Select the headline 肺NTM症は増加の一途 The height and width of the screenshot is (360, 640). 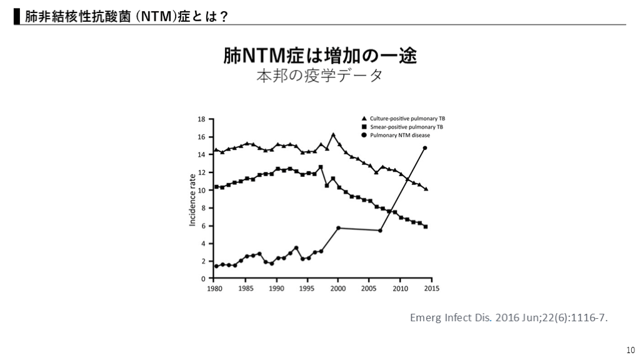(x=320, y=56)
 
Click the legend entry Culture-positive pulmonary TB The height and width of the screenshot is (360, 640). (x=407, y=118)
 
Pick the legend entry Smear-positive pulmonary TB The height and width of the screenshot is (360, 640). (x=406, y=126)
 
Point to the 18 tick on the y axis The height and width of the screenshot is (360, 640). (x=201, y=119)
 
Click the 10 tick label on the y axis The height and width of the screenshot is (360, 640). (x=201, y=190)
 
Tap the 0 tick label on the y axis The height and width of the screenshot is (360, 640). (x=203, y=279)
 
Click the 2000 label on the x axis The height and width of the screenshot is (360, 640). (x=338, y=289)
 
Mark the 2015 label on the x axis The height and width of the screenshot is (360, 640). (x=431, y=289)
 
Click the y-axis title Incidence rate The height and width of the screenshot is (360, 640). (x=192, y=199)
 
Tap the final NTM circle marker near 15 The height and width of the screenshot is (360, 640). (x=425, y=148)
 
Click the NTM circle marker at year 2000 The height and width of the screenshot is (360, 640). (x=338, y=228)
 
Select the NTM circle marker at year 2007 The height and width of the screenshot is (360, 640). (x=381, y=231)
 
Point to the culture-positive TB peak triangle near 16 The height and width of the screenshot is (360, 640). (x=333, y=134)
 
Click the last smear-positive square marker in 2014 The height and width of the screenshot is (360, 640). (x=426, y=226)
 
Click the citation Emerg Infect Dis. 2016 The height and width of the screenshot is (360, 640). (x=508, y=317)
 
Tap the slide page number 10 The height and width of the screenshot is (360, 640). (x=629, y=350)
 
